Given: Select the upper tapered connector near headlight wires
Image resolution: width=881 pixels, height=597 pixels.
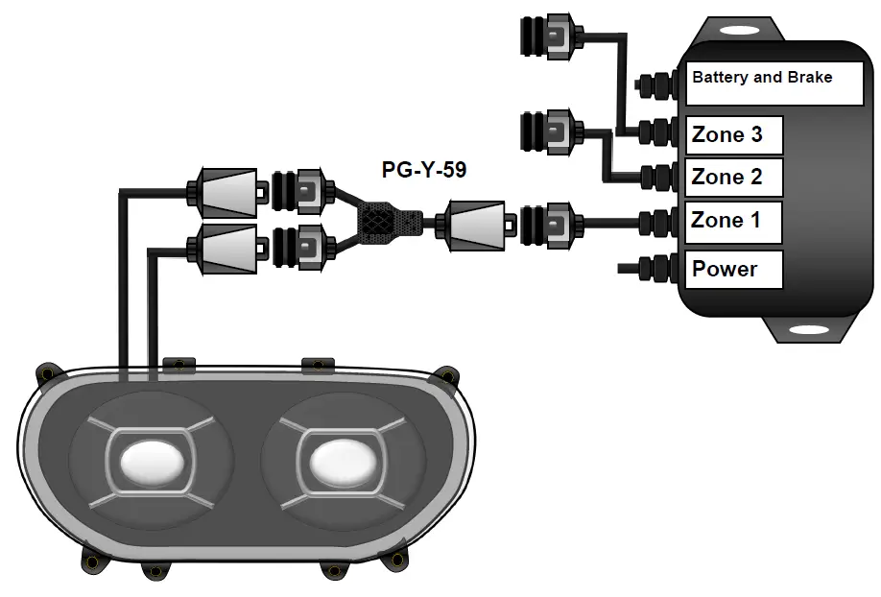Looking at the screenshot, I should (227, 191).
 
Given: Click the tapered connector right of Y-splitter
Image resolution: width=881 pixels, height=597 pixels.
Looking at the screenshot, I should (472, 223).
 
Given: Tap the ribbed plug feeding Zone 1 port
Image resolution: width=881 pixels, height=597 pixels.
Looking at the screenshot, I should (547, 223).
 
